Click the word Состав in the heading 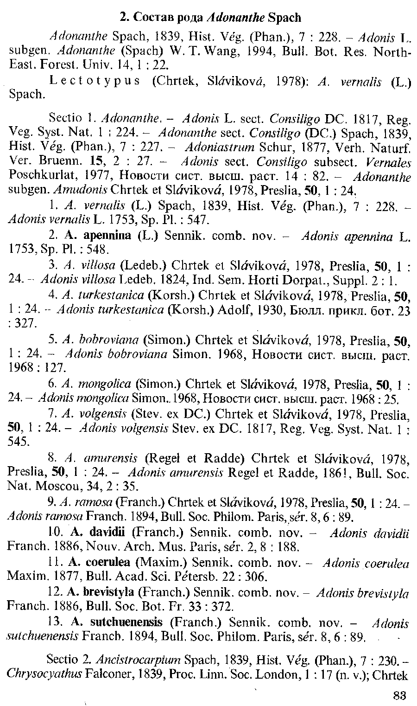(150, 18)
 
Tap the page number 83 (399, 695)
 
